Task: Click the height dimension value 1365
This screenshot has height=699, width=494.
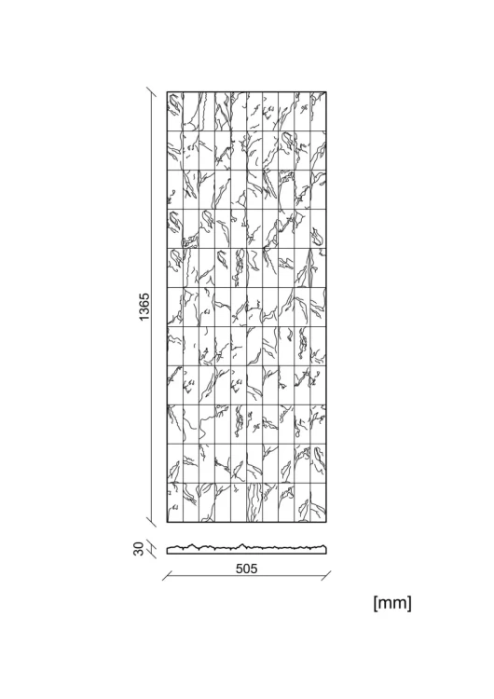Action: [x=144, y=307]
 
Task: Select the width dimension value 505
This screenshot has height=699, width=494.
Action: [x=247, y=569]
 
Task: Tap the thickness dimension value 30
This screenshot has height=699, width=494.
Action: [x=139, y=549]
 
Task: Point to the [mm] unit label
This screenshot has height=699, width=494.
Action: [x=392, y=603]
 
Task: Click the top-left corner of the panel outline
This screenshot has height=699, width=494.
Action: [x=167, y=92]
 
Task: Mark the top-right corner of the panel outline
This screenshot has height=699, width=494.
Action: [x=326, y=92]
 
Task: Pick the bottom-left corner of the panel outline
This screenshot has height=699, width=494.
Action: [x=167, y=522]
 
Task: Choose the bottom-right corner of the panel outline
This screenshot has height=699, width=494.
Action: [x=326, y=522]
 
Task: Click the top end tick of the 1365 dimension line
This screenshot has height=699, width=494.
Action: [x=152, y=92]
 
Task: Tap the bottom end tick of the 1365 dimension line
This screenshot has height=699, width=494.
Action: [x=152, y=522]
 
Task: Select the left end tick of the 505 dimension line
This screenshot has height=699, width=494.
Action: [x=167, y=576]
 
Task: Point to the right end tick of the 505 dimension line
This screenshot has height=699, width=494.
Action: [x=326, y=576]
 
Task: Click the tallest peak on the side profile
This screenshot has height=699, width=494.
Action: [x=242, y=544]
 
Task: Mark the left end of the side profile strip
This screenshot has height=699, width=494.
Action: [x=168, y=551]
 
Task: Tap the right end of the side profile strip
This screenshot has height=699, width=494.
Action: [x=326, y=550]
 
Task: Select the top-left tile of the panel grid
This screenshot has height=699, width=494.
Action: [x=175, y=112]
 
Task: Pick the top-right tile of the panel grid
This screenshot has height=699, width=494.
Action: [x=319, y=112]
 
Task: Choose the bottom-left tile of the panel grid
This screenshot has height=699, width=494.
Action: [x=175, y=502]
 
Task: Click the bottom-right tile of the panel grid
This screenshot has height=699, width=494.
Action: [x=319, y=502]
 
